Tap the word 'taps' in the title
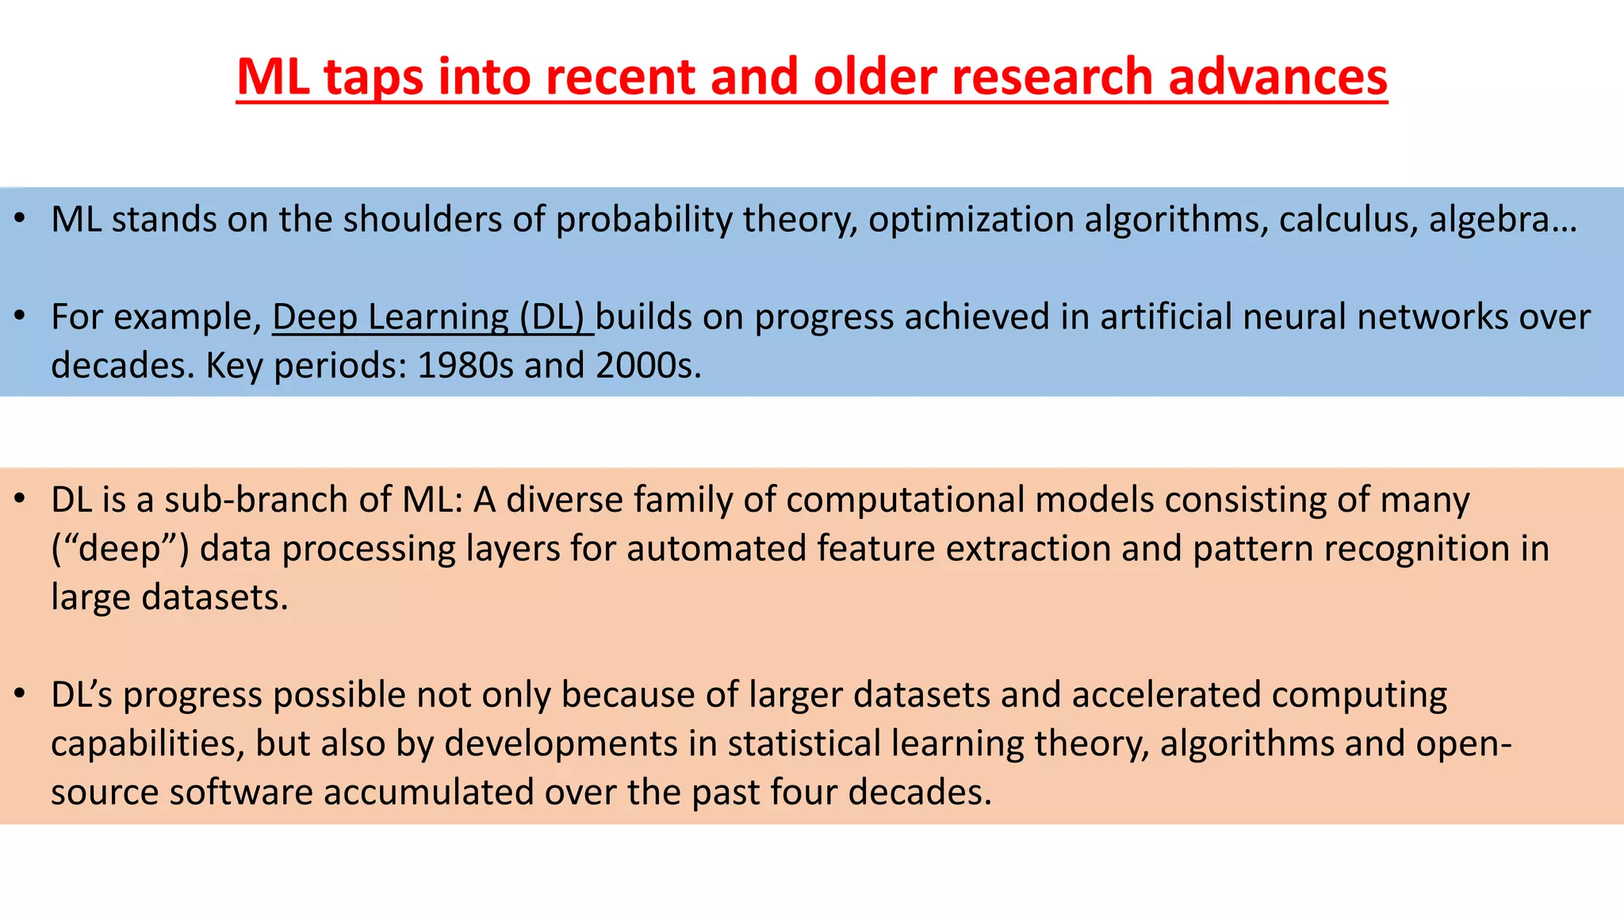tap(373, 79)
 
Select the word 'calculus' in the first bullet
tap(1347, 220)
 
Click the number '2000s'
tap(647, 366)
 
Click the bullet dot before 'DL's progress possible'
tap(21, 694)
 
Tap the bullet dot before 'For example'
tap(21, 317)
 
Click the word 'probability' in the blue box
tap(643, 220)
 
